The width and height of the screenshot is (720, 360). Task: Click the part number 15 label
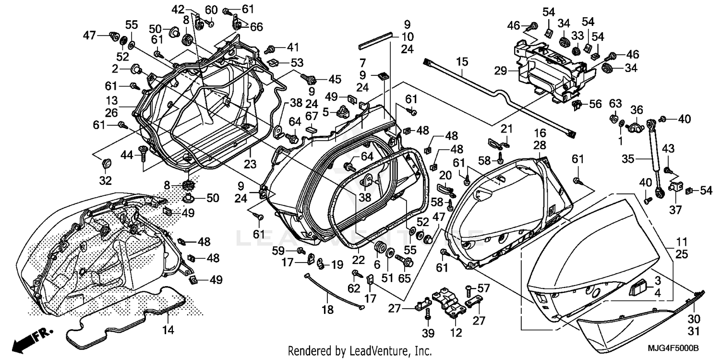pos(461,62)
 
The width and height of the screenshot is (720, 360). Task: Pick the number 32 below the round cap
pos(105,180)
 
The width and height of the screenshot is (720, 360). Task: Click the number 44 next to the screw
pos(126,155)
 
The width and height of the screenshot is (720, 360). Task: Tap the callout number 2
pos(115,69)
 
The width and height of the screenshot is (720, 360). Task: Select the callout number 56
pos(595,104)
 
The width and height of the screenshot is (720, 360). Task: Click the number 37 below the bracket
pos(676,210)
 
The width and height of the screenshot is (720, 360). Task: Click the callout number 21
pos(507,128)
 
